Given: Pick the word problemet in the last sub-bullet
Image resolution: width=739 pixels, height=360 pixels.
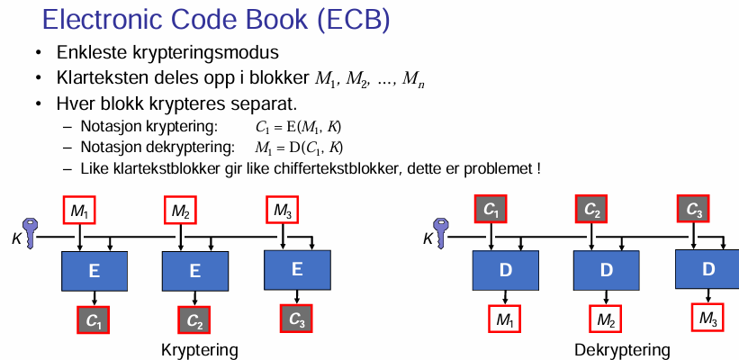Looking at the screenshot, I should tap(500, 167).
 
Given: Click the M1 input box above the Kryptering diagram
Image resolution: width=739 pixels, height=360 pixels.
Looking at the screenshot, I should tap(79, 211).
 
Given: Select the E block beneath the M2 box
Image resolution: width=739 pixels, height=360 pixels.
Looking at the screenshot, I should tap(194, 269).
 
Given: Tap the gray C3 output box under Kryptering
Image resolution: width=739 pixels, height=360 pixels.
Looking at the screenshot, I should tap(297, 319).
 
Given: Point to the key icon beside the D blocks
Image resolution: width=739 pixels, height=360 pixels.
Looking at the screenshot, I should tap(442, 231).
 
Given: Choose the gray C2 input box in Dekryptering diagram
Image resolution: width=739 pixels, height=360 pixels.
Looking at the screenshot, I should tap(592, 211).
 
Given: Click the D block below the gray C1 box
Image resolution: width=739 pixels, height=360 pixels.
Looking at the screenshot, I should tap(505, 269).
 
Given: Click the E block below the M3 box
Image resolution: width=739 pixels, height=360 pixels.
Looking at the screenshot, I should tap(297, 267).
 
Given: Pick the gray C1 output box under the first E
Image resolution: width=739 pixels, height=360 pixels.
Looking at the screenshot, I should tap(94, 319).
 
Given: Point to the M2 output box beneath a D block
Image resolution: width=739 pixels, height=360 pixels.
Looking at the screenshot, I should tap(607, 319).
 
